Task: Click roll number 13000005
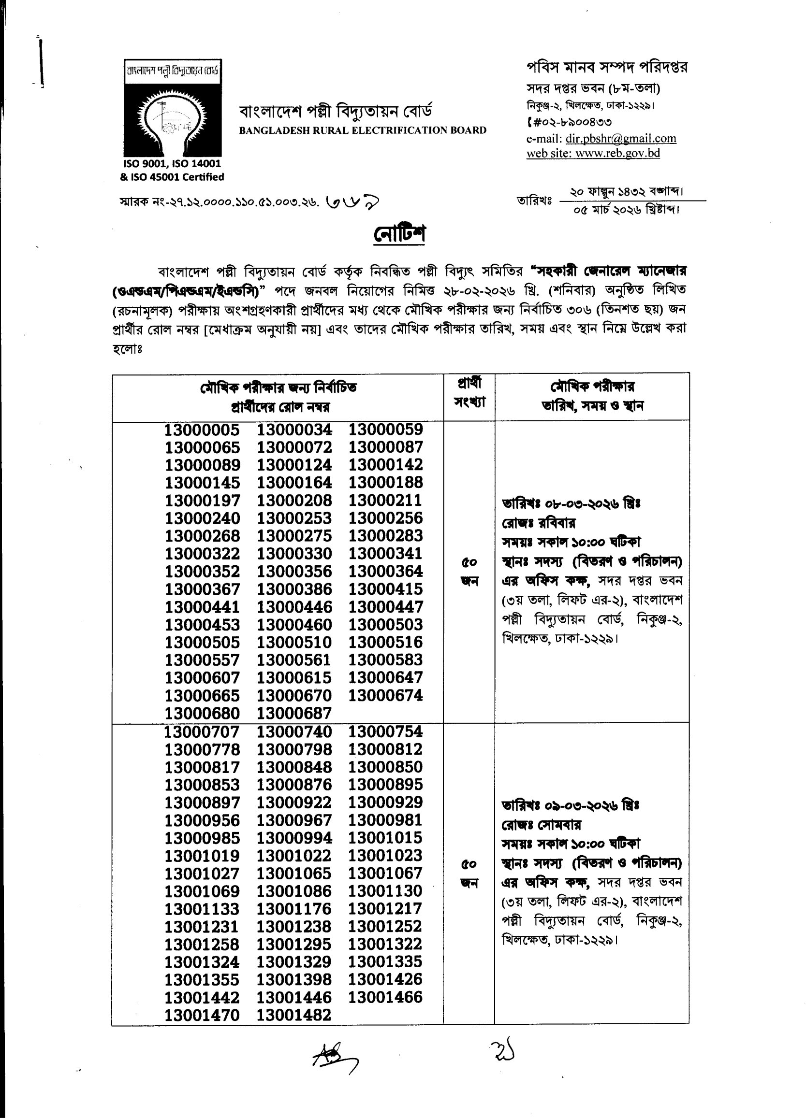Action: coord(202,430)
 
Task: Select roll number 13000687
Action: coord(294,713)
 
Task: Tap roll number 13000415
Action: coord(386,589)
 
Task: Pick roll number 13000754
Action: coord(386,731)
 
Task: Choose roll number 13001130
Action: coord(386,891)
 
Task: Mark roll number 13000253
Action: coord(294,518)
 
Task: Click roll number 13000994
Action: coord(294,838)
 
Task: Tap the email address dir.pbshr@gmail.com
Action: coord(620,139)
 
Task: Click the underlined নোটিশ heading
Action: coord(399,234)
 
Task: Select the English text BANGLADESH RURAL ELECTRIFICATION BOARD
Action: coord(363,130)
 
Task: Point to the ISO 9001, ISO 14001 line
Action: coord(172,164)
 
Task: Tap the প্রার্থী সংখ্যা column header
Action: coord(469,393)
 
